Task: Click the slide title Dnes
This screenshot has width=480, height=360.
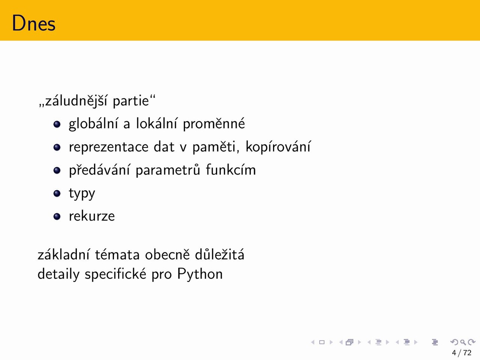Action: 34,23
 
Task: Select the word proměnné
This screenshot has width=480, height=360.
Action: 214,124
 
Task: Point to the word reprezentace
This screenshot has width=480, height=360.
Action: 109,147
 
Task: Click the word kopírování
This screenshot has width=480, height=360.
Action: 278,147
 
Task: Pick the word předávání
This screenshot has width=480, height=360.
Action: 99,170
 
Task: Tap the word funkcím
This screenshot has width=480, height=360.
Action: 231,169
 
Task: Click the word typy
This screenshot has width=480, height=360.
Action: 82,194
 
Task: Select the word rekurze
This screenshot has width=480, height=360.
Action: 91,216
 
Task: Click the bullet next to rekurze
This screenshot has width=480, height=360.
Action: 57,216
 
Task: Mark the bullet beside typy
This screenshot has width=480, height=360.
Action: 57,193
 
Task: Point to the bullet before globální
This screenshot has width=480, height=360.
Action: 57,124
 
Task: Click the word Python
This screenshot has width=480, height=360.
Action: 200,274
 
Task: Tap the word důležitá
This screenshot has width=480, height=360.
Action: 219,254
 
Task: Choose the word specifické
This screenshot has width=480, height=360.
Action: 115,274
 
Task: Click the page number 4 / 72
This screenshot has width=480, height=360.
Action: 462,352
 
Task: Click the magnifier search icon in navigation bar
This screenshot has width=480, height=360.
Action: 463,342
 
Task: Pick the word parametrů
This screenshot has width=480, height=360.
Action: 168,170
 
